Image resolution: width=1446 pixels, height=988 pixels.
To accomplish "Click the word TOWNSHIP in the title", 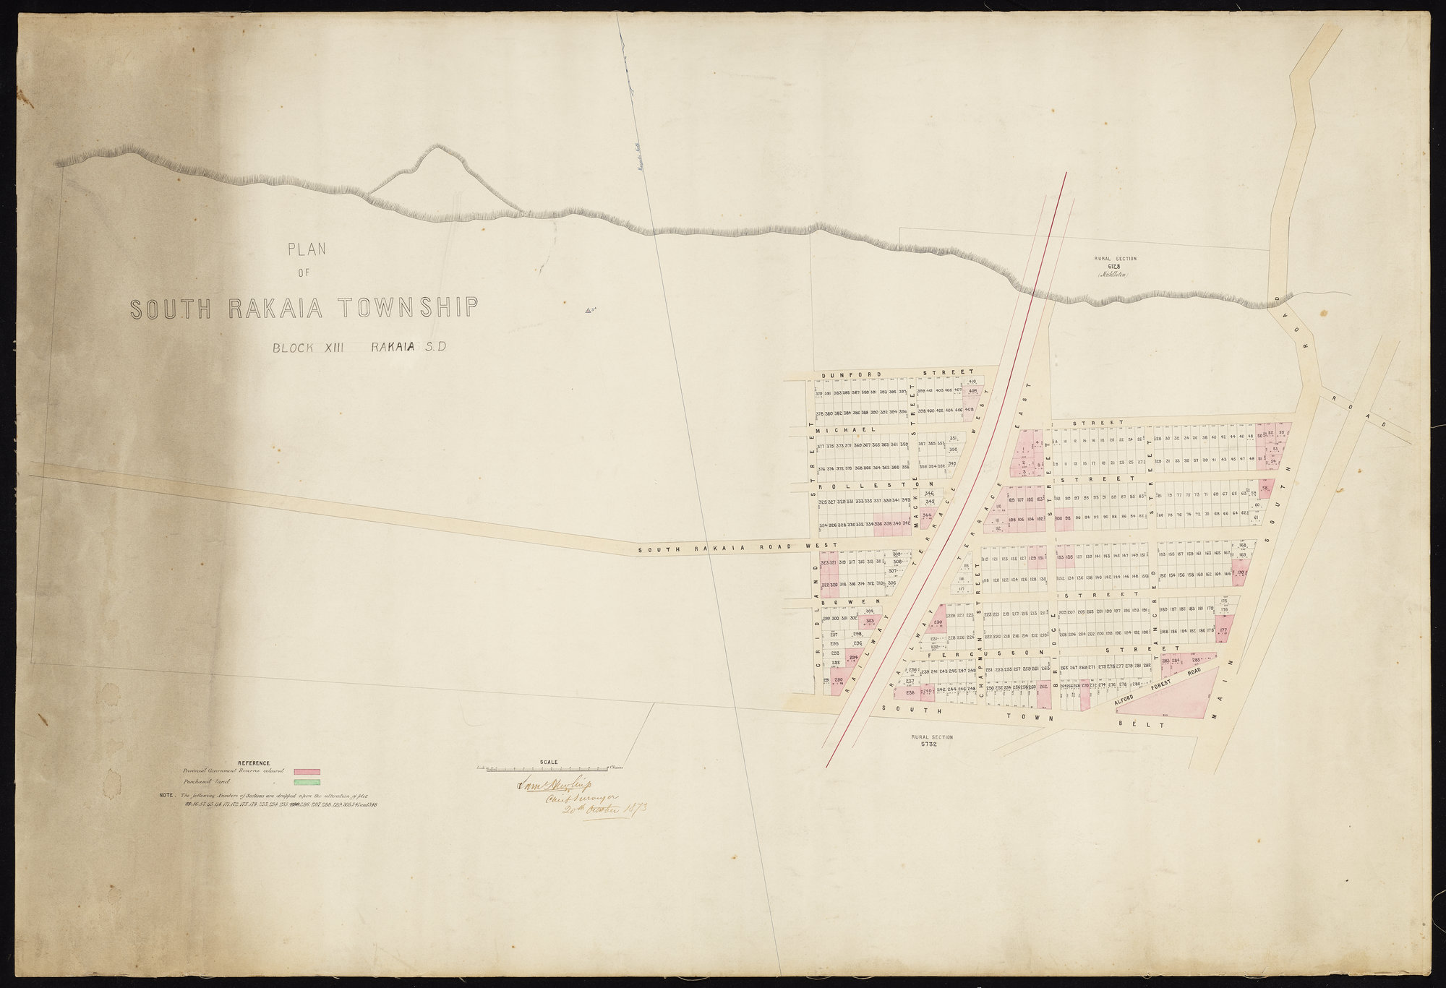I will (x=409, y=308).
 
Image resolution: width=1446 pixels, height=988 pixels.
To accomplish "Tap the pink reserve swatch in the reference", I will (x=307, y=772).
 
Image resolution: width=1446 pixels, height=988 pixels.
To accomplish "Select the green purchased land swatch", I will (x=307, y=782).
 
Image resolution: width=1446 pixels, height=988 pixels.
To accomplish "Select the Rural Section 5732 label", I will (x=932, y=741).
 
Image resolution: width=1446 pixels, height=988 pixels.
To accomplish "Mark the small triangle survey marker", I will (x=587, y=312).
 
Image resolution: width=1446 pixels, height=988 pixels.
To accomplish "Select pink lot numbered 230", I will (x=938, y=622).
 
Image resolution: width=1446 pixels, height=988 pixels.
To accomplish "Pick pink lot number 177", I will (x=1223, y=630).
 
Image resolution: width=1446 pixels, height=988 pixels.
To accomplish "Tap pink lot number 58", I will (x=1265, y=487).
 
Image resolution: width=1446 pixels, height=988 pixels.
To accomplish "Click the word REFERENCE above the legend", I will (x=253, y=763).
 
